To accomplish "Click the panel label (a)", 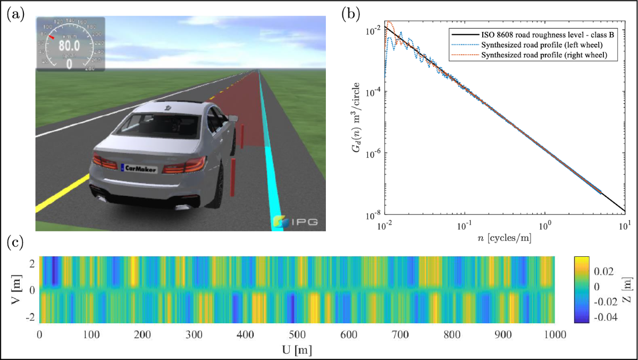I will coord(15,14).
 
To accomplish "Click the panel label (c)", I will coord(15,244).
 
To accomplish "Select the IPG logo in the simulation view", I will coord(296,221).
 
